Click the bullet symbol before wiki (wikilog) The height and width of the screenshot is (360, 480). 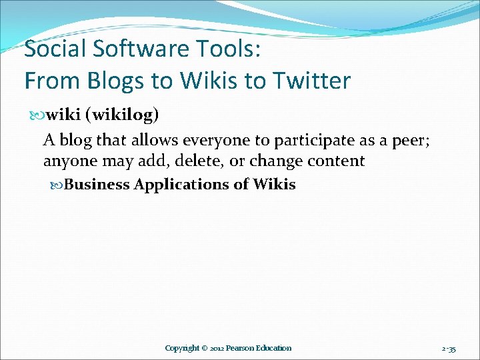click(37, 115)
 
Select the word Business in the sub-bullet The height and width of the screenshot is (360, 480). click(97, 184)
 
